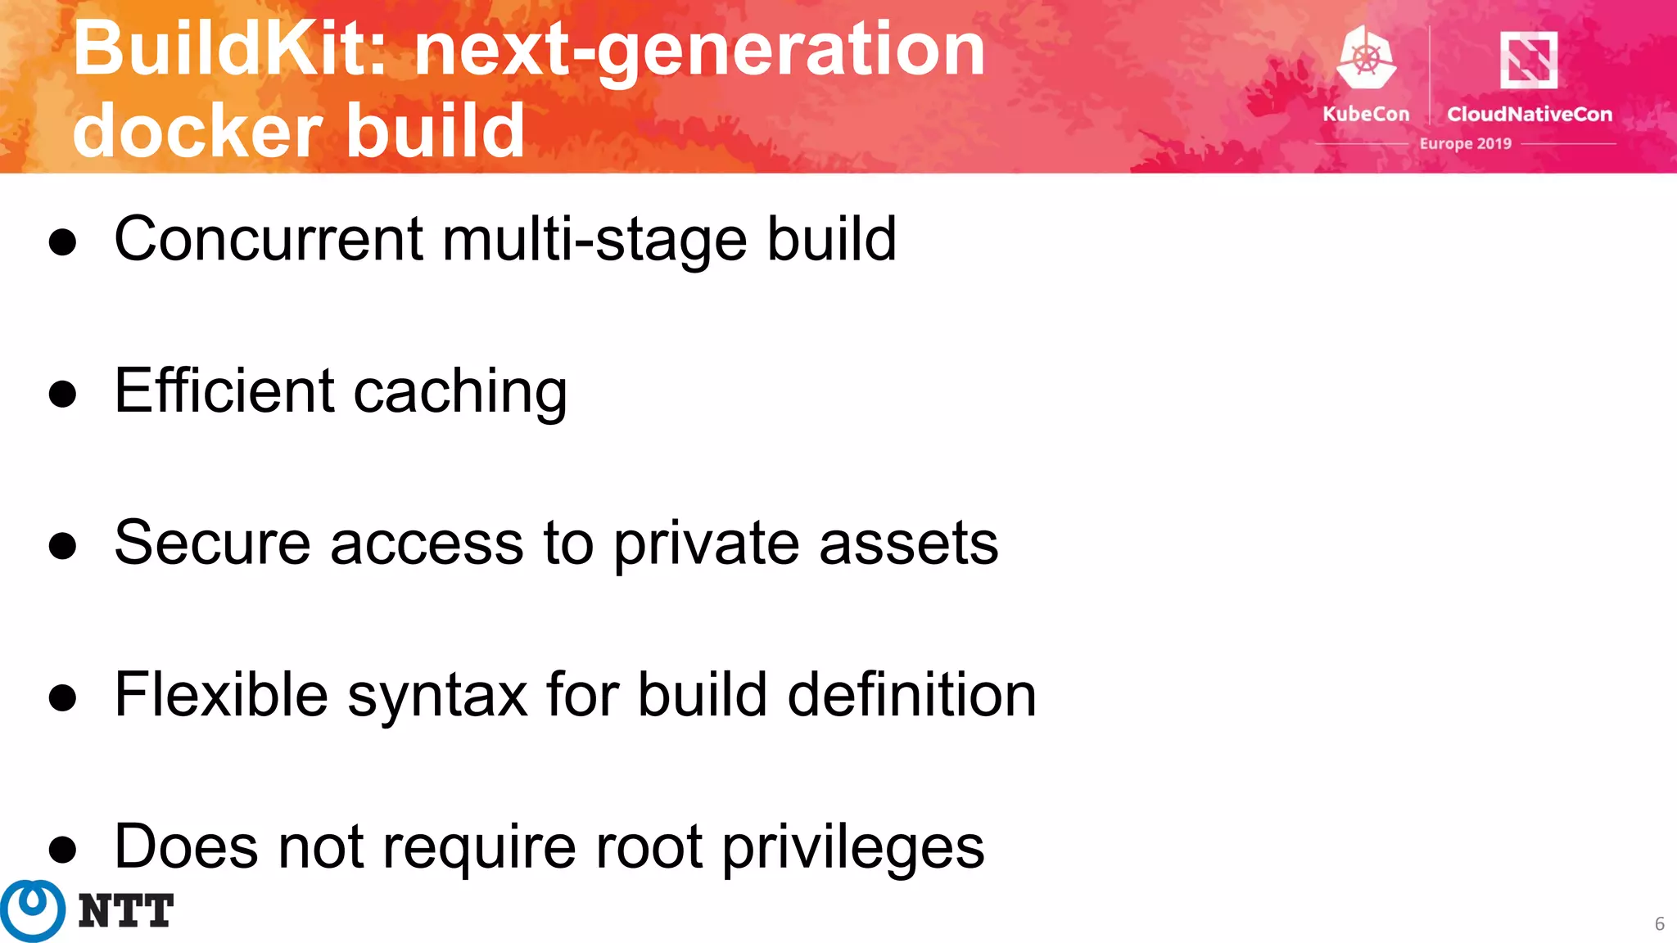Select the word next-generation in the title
click(x=700, y=51)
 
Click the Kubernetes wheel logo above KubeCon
click(x=1366, y=57)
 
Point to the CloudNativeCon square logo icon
click(x=1528, y=59)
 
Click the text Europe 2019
click(x=1466, y=143)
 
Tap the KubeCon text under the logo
click(x=1366, y=114)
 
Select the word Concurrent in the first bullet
click(x=269, y=239)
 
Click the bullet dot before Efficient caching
click(x=62, y=394)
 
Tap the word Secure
click(x=212, y=543)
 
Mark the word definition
click(x=911, y=694)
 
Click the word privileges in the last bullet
click(x=852, y=848)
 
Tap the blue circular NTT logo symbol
click(x=33, y=910)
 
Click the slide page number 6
click(x=1659, y=924)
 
